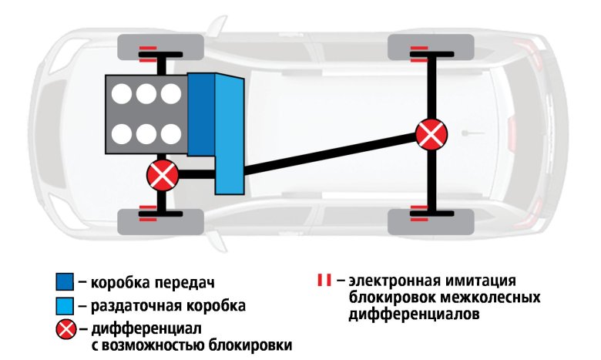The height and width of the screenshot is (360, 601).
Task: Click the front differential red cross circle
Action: [163, 176]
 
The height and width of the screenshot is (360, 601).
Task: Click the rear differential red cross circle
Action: [431, 134]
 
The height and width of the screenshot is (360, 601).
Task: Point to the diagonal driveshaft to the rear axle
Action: [331, 154]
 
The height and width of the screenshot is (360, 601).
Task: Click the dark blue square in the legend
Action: [65, 281]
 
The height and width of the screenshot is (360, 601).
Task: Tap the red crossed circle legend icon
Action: [65, 331]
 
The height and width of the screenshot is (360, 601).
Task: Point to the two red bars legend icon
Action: [323, 280]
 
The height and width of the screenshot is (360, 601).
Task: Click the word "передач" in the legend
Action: [185, 281]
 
